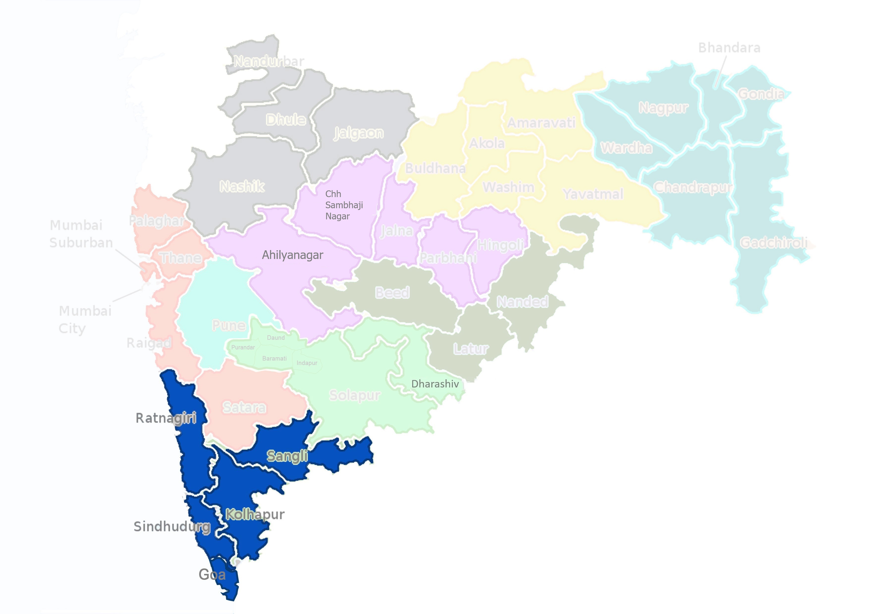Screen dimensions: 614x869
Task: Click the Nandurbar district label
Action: [269, 61]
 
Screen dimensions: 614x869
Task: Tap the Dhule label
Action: [286, 120]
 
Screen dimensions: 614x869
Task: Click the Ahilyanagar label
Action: [293, 255]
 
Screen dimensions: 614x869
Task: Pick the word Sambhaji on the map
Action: [344, 205]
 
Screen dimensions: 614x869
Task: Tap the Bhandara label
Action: [729, 48]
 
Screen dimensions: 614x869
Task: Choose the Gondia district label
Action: [761, 94]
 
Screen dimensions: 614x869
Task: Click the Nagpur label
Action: [663, 108]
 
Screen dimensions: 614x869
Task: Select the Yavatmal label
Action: [593, 194]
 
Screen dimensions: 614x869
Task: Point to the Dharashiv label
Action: [435, 384]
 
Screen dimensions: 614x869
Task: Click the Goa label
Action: [212, 575]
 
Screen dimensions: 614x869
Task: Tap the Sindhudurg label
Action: [172, 527]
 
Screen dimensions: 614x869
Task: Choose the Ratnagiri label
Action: [166, 418]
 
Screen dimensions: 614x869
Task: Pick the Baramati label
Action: [274, 358]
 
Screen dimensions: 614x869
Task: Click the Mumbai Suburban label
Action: [81, 234]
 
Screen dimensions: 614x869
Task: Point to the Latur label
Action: [471, 349]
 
